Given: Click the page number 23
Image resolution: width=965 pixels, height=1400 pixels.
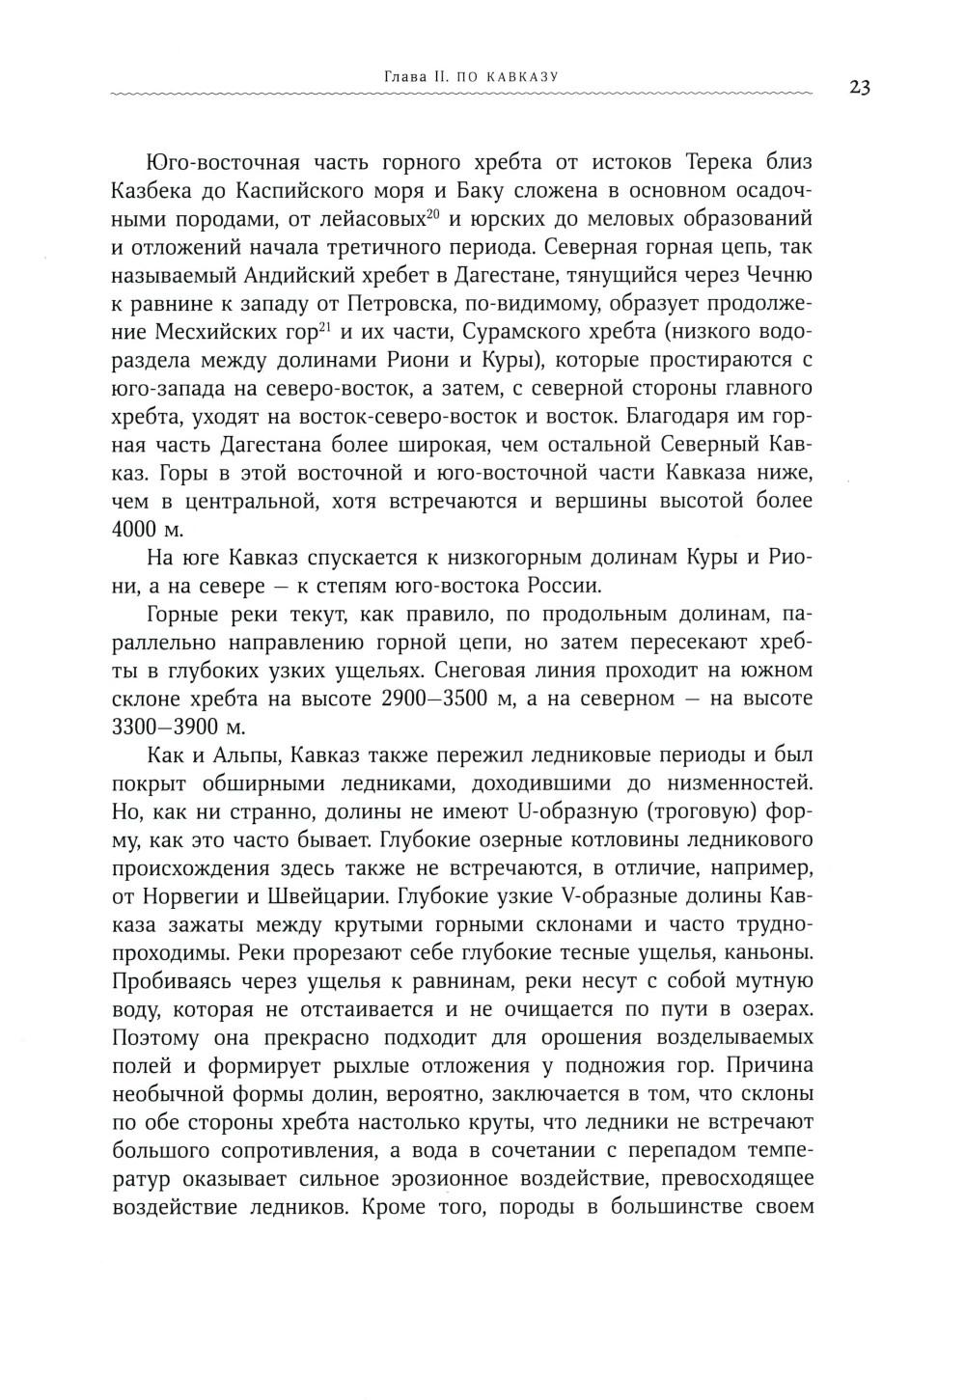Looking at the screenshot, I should (x=861, y=88).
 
